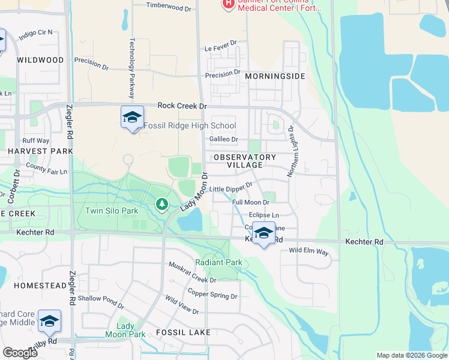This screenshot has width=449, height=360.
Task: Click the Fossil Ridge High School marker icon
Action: [x=132, y=117]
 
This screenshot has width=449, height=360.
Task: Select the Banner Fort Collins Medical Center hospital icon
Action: [x=228, y=4]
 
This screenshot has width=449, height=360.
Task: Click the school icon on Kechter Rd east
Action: [x=262, y=233]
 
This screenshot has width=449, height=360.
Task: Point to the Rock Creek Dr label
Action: [x=182, y=106]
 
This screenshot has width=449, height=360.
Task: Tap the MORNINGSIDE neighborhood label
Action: [x=274, y=76]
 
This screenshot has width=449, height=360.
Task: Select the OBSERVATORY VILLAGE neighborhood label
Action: [x=245, y=161]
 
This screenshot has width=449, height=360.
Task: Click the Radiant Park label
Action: [x=218, y=262]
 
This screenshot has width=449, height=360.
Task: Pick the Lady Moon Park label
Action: [x=125, y=330]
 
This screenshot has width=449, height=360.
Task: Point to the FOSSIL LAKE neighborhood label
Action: [x=183, y=332]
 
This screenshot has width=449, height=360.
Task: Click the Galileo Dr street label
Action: [x=223, y=139]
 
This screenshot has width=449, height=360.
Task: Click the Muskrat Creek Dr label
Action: [x=192, y=272]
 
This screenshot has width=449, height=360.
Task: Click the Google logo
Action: [x=20, y=353]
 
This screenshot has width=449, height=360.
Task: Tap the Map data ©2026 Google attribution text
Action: [x=411, y=355]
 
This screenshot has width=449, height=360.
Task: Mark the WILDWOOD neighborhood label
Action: [x=40, y=60]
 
